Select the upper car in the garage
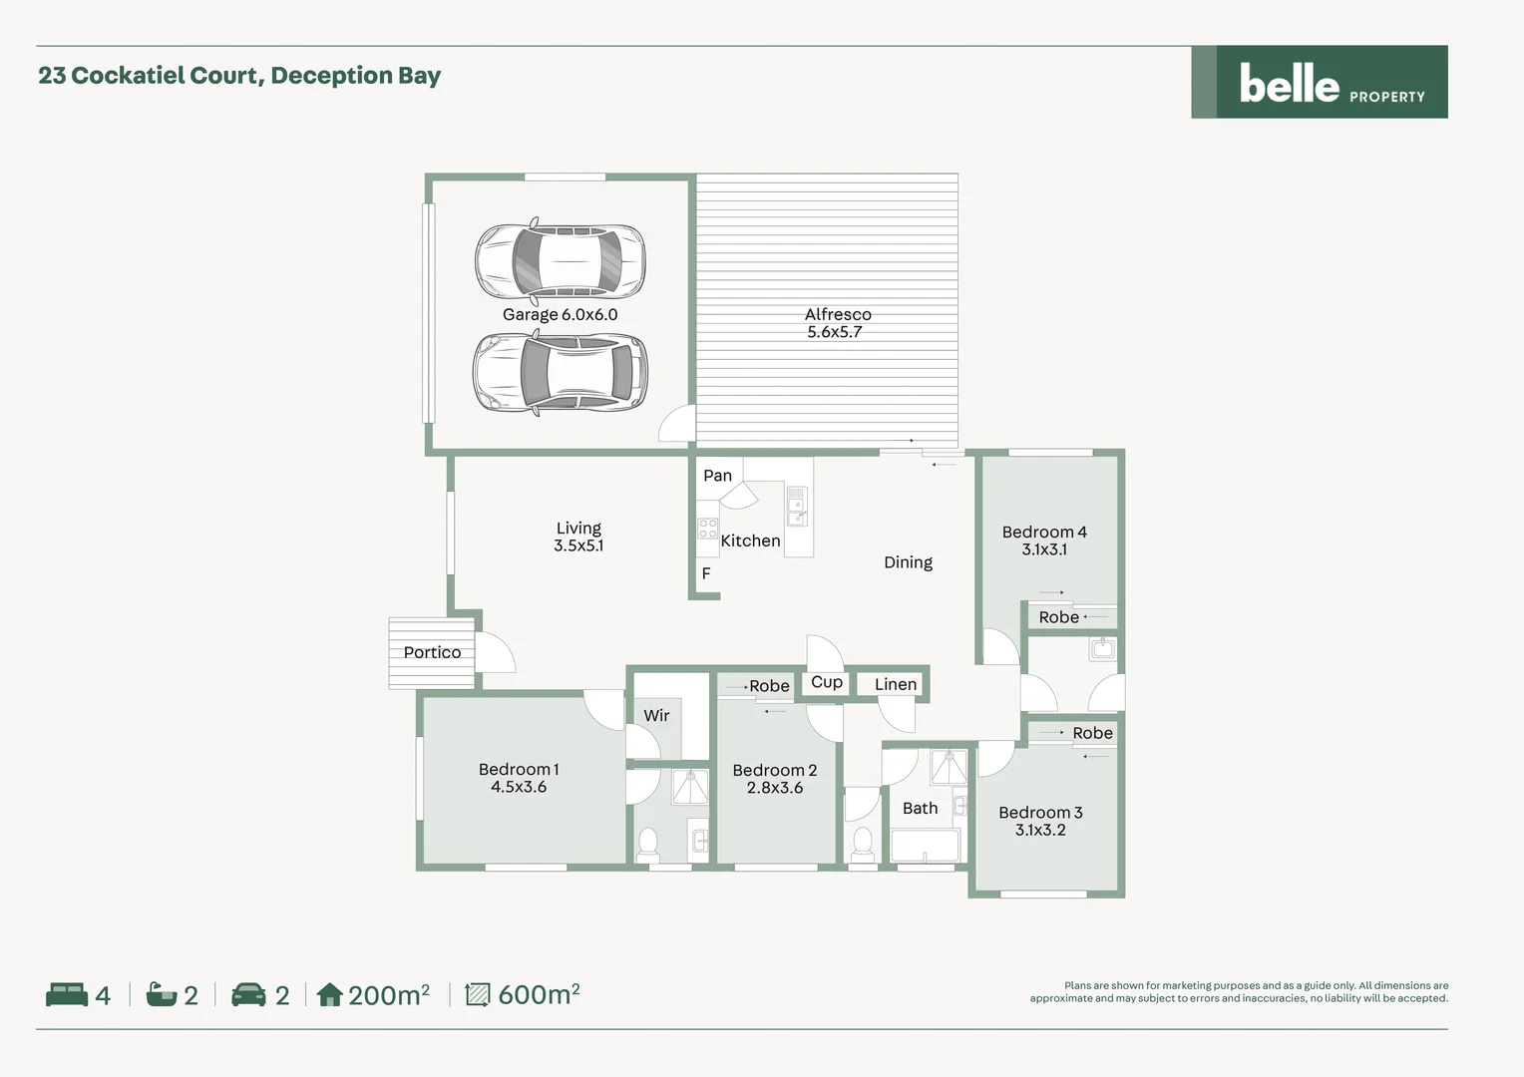560,259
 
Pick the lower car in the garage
560,373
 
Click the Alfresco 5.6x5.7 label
837,323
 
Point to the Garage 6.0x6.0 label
560,314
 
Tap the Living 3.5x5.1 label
578,537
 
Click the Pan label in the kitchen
717,476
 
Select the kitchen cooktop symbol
707,529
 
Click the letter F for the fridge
706,573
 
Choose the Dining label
908,562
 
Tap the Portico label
432,652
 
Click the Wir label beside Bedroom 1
656,715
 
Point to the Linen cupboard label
895,684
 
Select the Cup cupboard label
826,682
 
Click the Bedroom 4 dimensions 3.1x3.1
1044,549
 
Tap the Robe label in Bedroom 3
1092,733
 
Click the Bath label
920,808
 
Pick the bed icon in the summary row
67,994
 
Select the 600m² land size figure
539,994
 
